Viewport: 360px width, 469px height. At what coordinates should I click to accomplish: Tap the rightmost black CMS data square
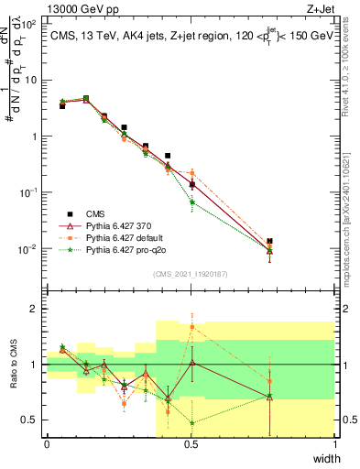click(x=269, y=242)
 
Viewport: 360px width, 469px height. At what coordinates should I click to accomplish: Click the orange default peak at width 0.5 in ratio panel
click(x=191, y=327)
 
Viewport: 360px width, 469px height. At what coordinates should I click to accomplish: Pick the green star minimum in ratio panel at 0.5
click(x=191, y=422)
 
